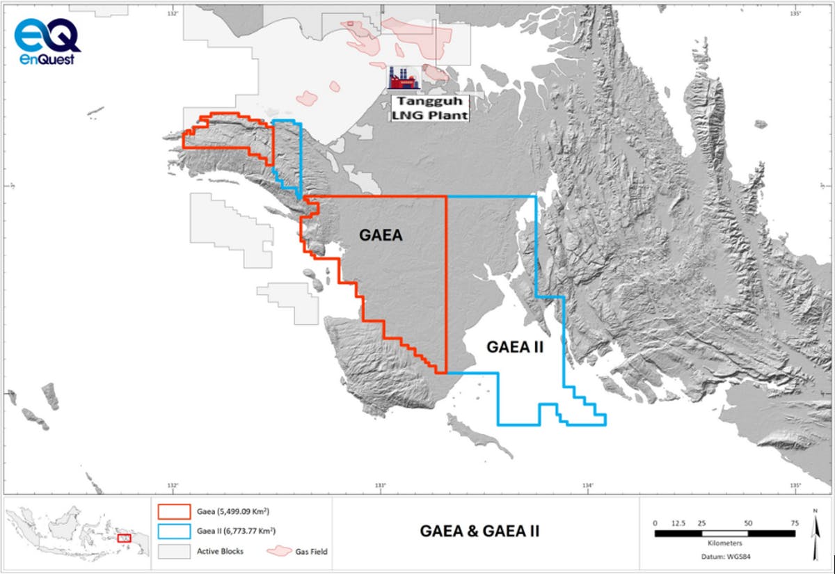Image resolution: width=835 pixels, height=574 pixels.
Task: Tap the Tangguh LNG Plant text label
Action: point(427,109)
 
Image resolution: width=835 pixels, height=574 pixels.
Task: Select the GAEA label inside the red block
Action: point(381,236)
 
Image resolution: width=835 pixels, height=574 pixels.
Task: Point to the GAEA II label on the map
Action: point(514,346)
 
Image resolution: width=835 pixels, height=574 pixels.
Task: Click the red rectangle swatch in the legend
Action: point(175,511)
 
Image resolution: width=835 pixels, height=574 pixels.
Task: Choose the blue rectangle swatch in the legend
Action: point(175,531)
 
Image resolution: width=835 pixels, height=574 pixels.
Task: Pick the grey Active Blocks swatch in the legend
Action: point(175,551)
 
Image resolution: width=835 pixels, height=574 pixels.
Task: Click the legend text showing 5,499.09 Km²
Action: point(233,511)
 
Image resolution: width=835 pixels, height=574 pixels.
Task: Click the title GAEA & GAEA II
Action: point(480,532)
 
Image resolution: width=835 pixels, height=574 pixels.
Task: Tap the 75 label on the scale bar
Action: point(793,522)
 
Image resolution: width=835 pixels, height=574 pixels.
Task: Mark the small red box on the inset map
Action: point(125,538)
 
